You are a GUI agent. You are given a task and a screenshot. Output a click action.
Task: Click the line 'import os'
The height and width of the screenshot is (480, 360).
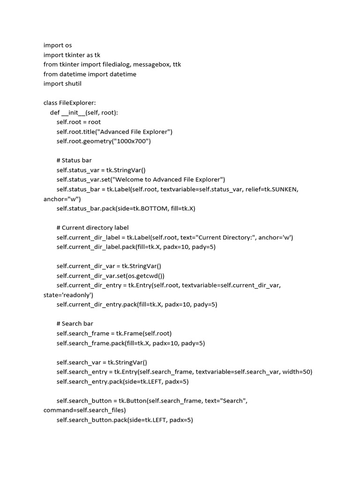point(58,45)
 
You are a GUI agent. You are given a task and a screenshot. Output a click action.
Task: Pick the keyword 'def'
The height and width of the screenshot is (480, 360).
point(55,112)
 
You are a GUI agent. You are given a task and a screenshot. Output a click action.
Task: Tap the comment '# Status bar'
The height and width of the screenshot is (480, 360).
point(74,160)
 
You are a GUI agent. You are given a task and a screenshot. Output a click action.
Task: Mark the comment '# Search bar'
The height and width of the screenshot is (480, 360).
point(75,323)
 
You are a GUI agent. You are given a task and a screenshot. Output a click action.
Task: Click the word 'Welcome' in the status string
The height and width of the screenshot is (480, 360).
point(135,180)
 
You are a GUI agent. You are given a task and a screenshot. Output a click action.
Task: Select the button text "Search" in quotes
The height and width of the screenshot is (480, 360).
point(233,401)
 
